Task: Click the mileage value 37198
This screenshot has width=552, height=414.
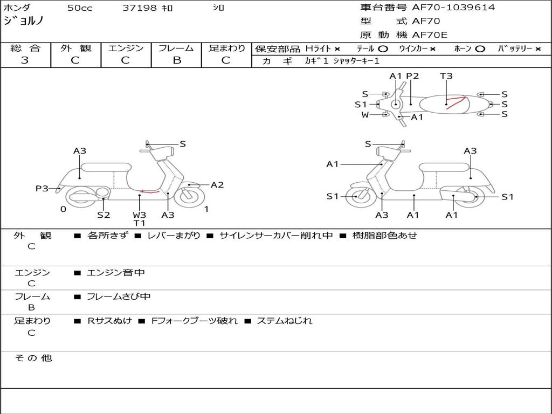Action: pos(140,8)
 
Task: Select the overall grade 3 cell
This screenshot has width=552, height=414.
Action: pos(25,60)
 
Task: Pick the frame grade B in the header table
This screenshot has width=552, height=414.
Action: pos(177,60)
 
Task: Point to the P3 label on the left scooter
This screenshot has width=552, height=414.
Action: pos(42,189)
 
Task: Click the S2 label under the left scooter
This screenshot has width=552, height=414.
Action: pos(103,215)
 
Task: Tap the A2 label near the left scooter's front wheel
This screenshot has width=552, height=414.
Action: pos(217,185)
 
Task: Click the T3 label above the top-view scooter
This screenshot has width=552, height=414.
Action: pos(446,76)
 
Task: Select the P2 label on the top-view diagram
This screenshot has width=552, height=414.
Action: pos(412,76)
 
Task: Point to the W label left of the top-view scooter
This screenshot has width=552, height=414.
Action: pos(365,114)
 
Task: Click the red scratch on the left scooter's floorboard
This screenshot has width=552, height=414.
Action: pos(149,191)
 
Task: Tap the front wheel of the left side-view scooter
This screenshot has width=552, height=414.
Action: pos(190,196)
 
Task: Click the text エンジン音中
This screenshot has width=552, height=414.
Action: pos(116,273)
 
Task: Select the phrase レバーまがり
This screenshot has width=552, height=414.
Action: pos(174,236)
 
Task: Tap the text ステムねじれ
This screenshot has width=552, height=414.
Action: pos(284,321)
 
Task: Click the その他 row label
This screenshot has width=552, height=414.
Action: pos(33,358)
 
